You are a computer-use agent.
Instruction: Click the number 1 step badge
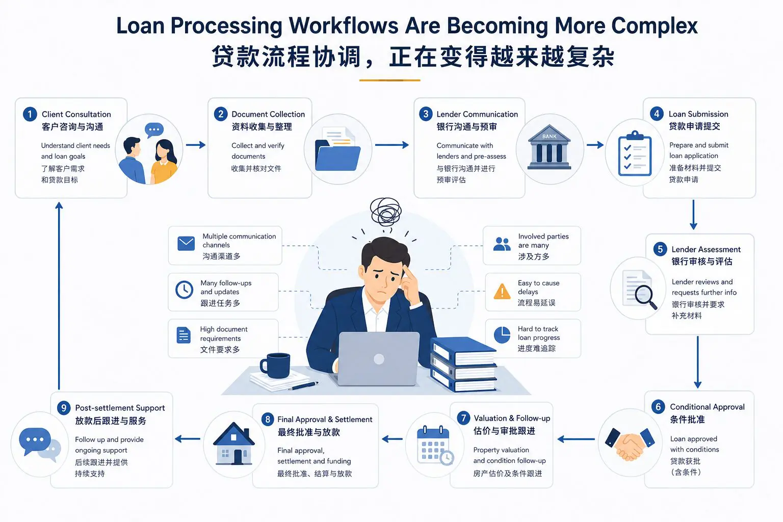tap(30, 114)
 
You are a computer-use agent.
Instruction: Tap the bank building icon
tap(549, 147)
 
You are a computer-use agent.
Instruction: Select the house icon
tap(234, 443)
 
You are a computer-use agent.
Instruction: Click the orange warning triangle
tap(502, 292)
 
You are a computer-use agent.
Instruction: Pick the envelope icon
tap(186, 243)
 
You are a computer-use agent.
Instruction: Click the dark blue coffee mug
tap(275, 366)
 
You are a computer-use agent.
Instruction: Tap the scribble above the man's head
tap(386, 211)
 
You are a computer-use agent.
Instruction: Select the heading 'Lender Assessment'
tap(706, 249)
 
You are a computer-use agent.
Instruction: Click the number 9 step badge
tap(64, 408)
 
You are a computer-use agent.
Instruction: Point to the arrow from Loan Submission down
tap(693, 215)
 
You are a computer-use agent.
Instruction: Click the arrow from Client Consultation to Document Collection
tap(195, 145)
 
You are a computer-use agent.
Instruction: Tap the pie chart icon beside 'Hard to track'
tap(502, 335)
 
